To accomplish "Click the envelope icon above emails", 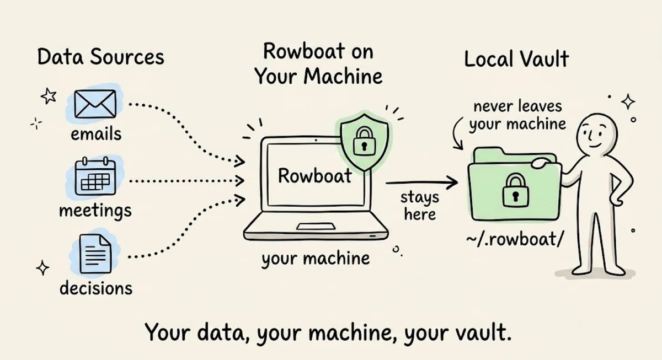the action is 95,104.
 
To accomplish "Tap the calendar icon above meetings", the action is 95,176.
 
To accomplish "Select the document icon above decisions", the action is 95,254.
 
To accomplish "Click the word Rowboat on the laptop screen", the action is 315,176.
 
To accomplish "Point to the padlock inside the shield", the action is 365,141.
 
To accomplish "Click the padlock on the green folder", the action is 516,191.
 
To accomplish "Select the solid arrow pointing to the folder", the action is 421,183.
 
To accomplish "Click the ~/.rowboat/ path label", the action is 515,239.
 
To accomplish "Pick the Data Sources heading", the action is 101,57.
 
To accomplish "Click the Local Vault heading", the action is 516,59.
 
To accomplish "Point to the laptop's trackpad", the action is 316,227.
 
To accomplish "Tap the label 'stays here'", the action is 420,206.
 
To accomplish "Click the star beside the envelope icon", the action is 49,96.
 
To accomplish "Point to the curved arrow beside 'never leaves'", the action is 457,133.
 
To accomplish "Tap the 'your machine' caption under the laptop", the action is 316,259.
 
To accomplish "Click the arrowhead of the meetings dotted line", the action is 239,181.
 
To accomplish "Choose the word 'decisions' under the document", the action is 96,288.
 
